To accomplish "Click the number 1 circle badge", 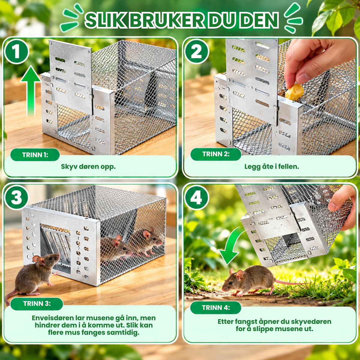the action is click(16, 52).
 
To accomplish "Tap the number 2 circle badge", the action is click(196, 52).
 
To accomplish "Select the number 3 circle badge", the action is click(16, 197).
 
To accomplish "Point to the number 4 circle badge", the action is click(196, 198).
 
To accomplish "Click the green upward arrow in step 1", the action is click(31, 91).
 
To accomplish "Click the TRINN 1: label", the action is click(35, 155).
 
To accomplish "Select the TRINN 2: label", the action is click(216, 154).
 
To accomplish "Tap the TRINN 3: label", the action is click(37, 304).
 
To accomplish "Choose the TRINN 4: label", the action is click(216, 308).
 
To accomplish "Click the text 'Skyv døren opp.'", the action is click(88, 166).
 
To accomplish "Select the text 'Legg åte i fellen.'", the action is click(272, 166).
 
